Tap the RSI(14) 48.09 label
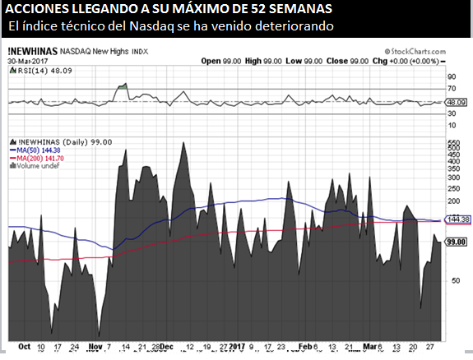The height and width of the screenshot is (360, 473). click(38, 71)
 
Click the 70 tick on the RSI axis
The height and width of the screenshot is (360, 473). click(451, 88)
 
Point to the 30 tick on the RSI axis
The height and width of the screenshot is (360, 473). click(451, 114)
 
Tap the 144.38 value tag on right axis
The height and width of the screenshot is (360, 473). click(457, 219)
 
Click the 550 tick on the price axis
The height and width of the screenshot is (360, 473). click(452, 143)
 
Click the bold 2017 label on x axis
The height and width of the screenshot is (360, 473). click(239, 346)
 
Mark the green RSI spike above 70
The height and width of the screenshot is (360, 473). click(123, 85)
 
